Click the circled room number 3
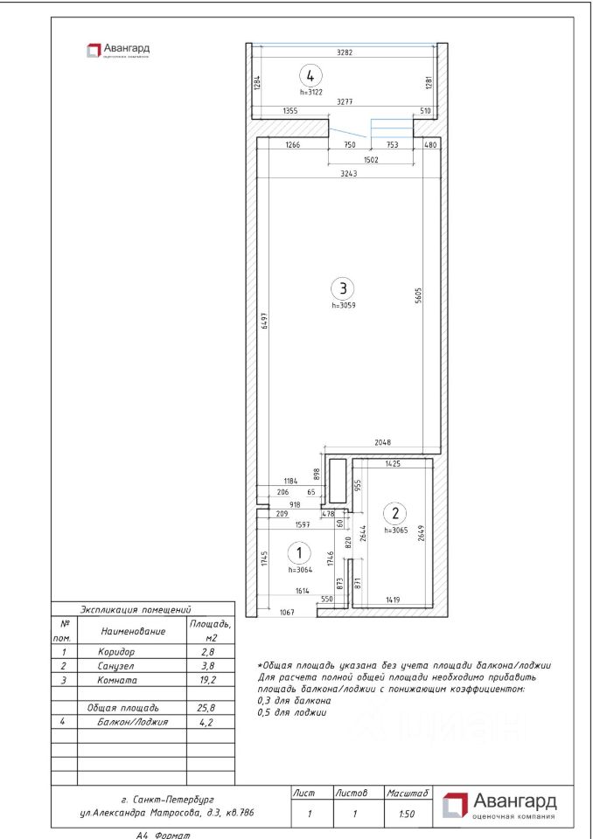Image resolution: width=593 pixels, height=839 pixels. tap(344, 287)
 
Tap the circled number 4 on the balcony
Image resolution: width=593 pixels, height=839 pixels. tap(310, 75)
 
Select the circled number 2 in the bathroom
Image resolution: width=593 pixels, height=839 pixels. tap(395, 513)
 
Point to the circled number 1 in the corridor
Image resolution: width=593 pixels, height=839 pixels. tap(299, 552)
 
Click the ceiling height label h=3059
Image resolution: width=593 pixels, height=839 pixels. tap(344, 306)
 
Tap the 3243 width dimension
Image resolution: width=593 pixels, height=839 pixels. tap(348, 174)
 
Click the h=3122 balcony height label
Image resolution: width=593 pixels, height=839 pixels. tap(310, 91)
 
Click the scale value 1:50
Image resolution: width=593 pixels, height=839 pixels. tap(407, 814)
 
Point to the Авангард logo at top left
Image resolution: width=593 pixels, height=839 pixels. tap(117, 51)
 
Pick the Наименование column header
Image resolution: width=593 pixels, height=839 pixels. tap(133, 631)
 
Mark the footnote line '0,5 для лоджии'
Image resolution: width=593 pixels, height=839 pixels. tap(292, 712)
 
